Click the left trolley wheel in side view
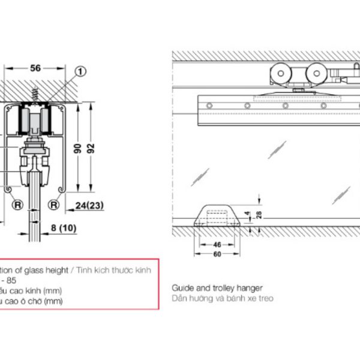tap(279, 76)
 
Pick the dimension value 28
tap(257, 215)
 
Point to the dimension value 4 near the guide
tap(249, 212)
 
